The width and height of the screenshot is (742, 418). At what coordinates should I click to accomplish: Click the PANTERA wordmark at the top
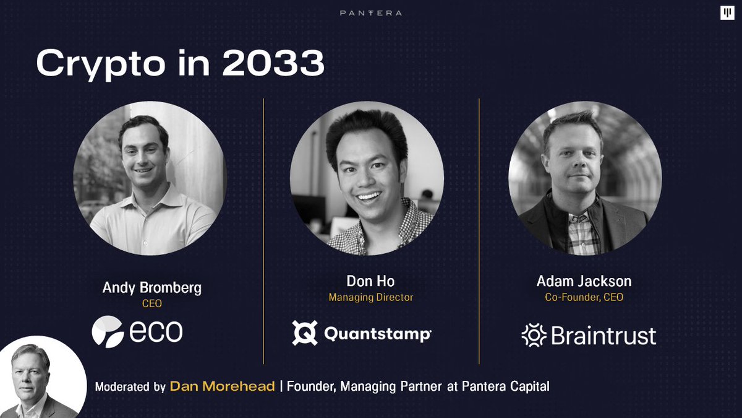point(370,13)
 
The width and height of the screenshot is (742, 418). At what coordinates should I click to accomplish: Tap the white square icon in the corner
point(727,13)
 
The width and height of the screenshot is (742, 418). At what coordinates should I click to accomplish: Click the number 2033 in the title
point(273,63)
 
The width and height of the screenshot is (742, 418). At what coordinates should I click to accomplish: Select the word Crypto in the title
point(101,64)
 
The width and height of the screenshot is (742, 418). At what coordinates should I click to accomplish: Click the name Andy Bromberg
point(151,287)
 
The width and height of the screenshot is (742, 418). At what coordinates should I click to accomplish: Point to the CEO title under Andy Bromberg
point(151,303)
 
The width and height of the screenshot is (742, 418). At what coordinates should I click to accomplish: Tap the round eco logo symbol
point(108,332)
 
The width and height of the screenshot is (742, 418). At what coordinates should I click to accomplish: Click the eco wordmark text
point(156,331)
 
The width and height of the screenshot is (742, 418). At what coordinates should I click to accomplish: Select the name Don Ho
point(370,281)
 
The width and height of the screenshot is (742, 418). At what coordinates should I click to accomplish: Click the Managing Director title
point(370,297)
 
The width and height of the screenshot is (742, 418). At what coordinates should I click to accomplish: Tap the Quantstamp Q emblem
point(305,333)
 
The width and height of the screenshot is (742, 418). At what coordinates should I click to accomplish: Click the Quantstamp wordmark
point(378,334)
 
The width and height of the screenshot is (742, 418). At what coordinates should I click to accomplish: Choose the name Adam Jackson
point(584,281)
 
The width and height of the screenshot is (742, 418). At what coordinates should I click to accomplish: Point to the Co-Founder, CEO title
point(584,297)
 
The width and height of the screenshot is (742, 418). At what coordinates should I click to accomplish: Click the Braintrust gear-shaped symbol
point(534,335)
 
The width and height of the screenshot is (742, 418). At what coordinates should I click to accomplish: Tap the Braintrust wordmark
point(603,336)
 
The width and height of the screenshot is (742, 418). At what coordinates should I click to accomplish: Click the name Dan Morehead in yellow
point(222,386)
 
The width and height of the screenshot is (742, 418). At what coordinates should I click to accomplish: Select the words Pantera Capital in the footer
point(506,386)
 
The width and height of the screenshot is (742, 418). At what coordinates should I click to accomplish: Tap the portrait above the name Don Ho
point(367,178)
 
